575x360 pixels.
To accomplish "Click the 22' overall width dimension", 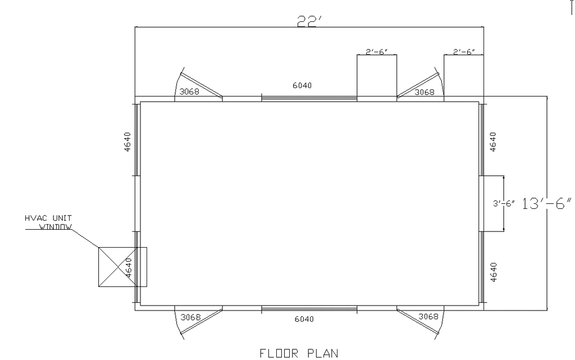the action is tap(309, 21).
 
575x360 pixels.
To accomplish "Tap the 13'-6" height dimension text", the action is tap(546, 203).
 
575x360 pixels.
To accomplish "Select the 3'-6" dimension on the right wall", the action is tap(504, 203).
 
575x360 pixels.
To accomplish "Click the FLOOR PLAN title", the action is tap(299, 353).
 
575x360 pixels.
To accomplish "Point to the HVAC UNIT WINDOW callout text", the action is tap(48, 222).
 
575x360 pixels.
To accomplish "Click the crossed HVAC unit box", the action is tap(122, 267).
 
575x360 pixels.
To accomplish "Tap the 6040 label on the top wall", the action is tap(302, 85).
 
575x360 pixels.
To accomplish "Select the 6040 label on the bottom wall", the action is tap(304, 320).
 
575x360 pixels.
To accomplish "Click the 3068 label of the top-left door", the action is tap(189, 92).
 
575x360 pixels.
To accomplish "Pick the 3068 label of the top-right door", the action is tap(425, 92).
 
